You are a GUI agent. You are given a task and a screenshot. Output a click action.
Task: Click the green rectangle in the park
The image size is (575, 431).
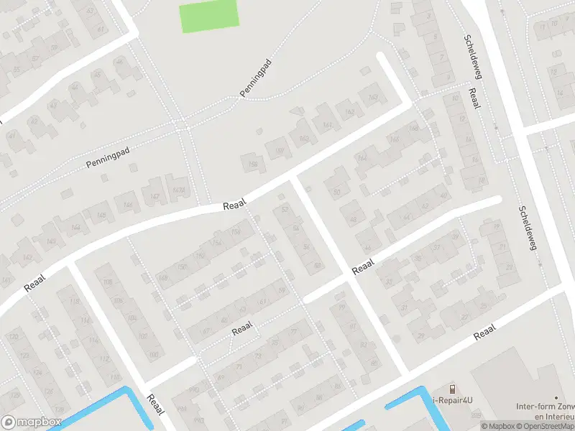coord(208,16)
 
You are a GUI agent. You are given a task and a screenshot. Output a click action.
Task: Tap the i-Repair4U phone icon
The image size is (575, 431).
coord(451,389)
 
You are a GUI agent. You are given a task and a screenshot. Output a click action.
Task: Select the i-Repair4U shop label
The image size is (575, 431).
coord(452,401)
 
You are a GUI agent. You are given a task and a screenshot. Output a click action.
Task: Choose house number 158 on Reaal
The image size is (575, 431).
coord(253,164)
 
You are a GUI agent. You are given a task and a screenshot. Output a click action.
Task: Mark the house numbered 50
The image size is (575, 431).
coord(336,192)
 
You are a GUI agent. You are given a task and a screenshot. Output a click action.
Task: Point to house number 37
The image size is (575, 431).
coord(436,246)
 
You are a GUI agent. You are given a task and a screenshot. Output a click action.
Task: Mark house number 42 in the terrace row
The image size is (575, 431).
coord(425,205)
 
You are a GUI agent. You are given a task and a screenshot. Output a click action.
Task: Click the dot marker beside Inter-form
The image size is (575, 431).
coord(556,397)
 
